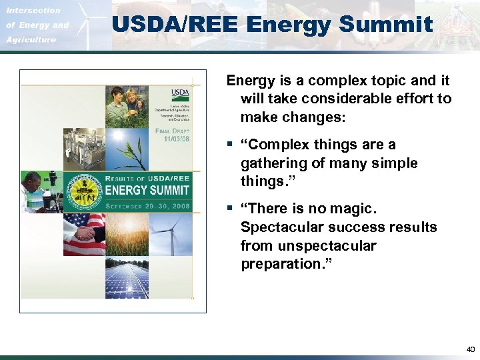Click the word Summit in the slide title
(395, 25)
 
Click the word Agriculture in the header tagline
(31, 39)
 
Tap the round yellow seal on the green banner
(83, 191)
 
